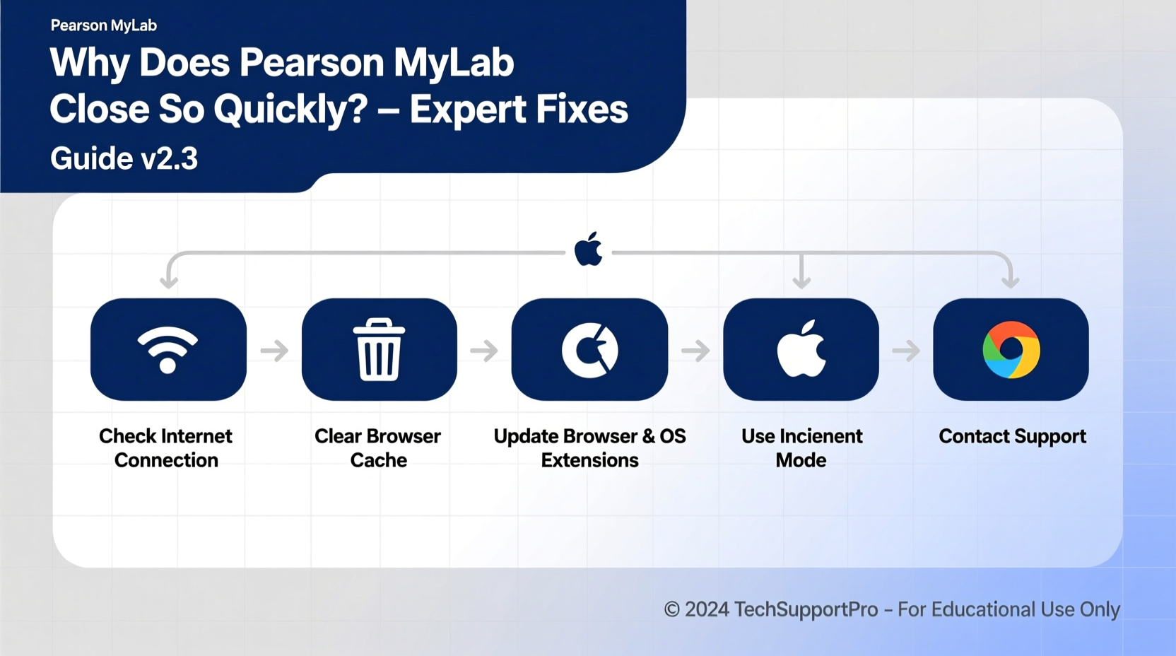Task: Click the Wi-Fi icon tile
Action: coord(168,349)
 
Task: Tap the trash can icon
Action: coord(379,349)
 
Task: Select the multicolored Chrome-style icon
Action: coord(1011,349)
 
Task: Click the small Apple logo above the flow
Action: coord(588,250)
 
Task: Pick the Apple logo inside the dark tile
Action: coord(801,348)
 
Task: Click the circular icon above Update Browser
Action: coord(589,349)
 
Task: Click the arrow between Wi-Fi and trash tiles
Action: coord(274,350)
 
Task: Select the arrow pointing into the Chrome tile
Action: coord(906,350)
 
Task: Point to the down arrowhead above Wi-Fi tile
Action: coord(168,281)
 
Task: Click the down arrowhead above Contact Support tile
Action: coord(1011,281)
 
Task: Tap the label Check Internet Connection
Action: coord(166,447)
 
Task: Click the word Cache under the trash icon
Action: coord(379,460)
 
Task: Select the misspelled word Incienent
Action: coord(822,436)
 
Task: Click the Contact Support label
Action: coord(1012,436)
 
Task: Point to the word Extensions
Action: coord(589,460)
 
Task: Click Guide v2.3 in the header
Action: coord(124,158)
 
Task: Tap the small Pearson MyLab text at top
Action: coord(104,25)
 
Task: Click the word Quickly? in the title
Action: coord(290,109)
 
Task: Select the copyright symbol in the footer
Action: coord(671,609)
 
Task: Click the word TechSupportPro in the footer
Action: coord(806,609)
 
